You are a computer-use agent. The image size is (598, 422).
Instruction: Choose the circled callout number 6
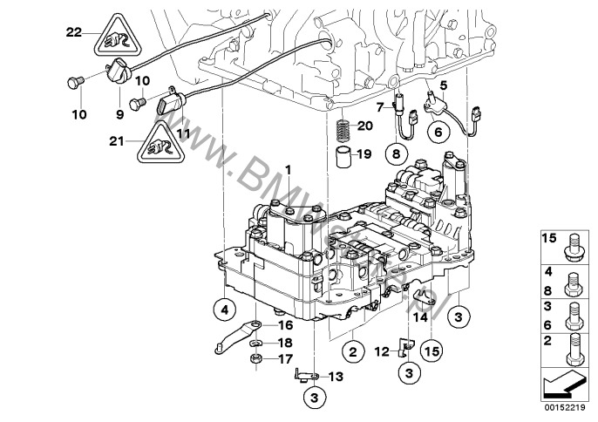[438, 132]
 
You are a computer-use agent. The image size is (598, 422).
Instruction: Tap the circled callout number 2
[352, 352]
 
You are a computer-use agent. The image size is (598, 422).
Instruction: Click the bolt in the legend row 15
[574, 243]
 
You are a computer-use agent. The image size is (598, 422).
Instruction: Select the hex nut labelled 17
[256, 357]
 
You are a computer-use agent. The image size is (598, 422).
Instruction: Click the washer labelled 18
[255, 341]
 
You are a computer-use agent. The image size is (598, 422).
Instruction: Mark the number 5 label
[443, 85]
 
